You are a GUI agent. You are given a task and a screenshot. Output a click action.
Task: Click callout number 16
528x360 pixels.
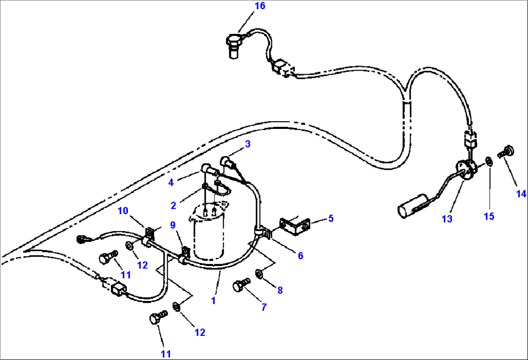point(260,6)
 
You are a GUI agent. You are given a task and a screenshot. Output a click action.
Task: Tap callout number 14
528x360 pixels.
point(521,194)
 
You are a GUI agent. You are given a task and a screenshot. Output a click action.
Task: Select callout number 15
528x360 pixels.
point(489,216)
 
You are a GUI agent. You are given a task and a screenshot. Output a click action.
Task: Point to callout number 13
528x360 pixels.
point(447,219)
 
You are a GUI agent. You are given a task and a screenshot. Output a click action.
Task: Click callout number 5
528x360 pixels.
point(330,218)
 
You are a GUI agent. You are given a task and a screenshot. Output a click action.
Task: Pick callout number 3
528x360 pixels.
point(248,143)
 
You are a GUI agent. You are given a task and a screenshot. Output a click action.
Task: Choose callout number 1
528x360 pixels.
point(214,300)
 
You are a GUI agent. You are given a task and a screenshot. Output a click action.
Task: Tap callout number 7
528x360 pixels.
point(264,307)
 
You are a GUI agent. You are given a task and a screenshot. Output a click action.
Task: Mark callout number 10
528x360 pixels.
point(123,210)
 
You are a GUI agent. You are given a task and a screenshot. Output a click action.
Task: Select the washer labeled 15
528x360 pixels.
point(489,160)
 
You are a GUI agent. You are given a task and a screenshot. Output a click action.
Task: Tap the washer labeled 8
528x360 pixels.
point(259,275)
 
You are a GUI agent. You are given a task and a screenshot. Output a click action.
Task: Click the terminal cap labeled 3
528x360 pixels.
point(226,161)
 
